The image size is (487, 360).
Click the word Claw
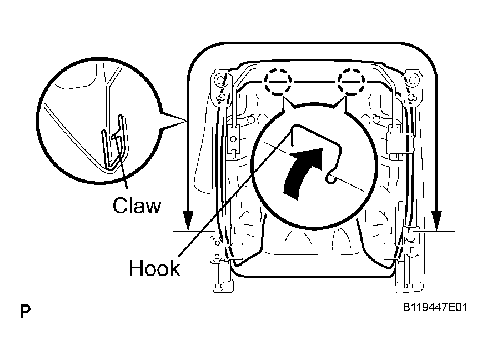click(x=137, y=206)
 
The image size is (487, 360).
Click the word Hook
click(x=154, y=268)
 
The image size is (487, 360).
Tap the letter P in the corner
click(x=25, y=312)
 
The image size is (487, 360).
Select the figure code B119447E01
click(x=435, y=308)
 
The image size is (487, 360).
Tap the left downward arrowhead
click(x=188, y=221)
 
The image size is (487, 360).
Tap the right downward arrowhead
click(x=436, y=221)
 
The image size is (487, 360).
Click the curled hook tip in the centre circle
click(x=331, y=178)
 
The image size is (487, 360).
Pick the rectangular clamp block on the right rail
click(x=401, y=143)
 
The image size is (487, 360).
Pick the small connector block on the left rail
click(x=234, y=139)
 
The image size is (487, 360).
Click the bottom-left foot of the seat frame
click(x=223, y=284)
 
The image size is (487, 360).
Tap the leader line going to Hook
click(x=235, y=193)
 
